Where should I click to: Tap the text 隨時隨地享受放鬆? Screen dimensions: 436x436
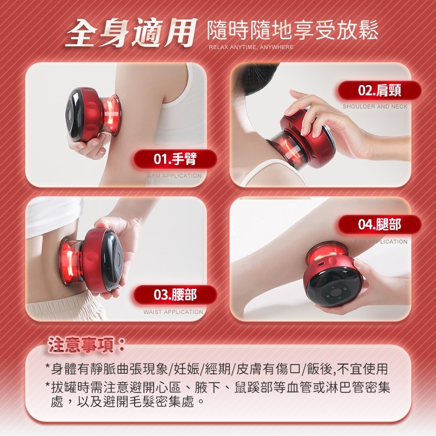click(x=293, y=31)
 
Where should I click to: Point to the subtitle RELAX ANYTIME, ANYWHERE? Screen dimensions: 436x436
click(x=251, y=47)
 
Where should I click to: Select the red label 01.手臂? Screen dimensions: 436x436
click(x=175, y=159)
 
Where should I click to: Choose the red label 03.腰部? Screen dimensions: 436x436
click(x=175, y=295)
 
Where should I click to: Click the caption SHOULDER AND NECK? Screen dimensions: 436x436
click(x=375, y=107)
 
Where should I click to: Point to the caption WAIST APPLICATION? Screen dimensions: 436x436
click(x=173, y=312)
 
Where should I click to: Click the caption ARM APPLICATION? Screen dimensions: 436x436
click(x=174, y=176)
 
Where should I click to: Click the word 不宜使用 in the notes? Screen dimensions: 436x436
click(x=371, y=369)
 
